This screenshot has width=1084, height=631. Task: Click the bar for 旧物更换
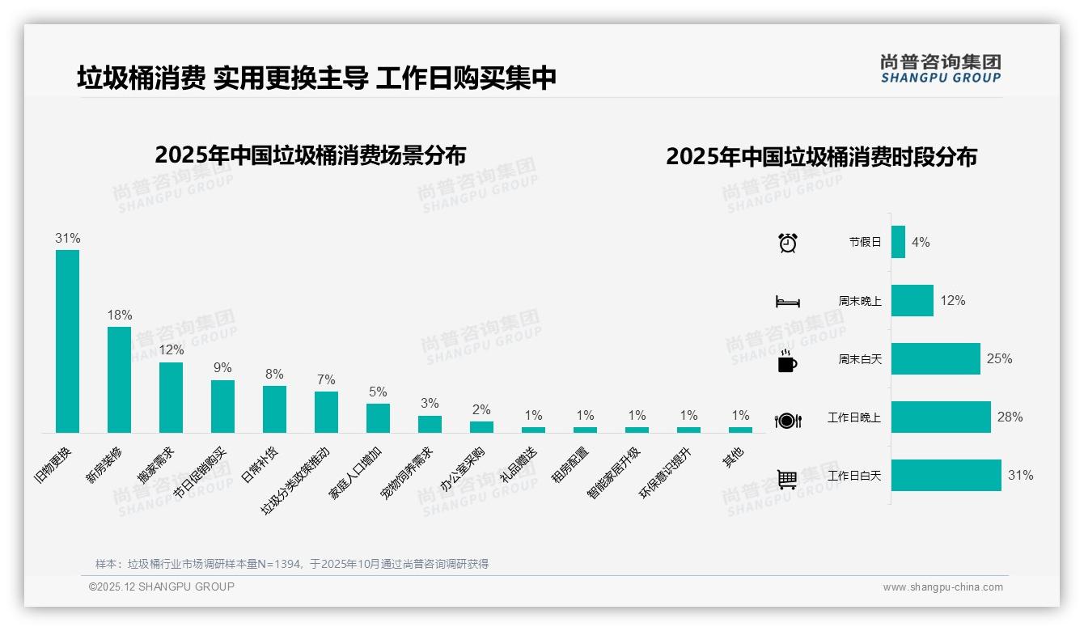click(x=67, y=341)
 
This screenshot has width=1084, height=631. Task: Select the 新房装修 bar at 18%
click(x=119, y=379)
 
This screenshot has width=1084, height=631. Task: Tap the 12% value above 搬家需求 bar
click(x=171, y=350)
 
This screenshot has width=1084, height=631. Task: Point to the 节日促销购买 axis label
click(x=201, y=474)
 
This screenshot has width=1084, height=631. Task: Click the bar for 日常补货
click(x=274, y=409)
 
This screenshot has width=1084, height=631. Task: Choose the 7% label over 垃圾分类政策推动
click(x=326, y=379)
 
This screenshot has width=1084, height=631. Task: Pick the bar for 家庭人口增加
click(x=378, y=418)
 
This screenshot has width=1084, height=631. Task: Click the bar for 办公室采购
click(x=481, y=426)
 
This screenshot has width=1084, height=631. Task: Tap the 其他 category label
click(x=733, y=456)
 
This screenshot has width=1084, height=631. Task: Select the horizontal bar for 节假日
click(x=898, y=242)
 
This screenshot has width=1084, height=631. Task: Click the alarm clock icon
click(x=787, y=243)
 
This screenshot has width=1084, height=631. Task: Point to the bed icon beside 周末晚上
click(x=787, y=302)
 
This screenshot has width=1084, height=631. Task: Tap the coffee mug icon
click(x=787, y=361)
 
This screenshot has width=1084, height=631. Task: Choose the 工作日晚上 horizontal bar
click(x=941, y=417)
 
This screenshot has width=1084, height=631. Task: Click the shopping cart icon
click(x=787, y=479)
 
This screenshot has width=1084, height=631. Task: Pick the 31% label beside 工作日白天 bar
click(x=1020, y=476)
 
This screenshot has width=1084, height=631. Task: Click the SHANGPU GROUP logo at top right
click(x=940, y=69)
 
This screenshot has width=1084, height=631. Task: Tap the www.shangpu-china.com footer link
click(x=942, y=587)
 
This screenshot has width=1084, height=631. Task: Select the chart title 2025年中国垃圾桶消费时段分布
click(x=821, y=157)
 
